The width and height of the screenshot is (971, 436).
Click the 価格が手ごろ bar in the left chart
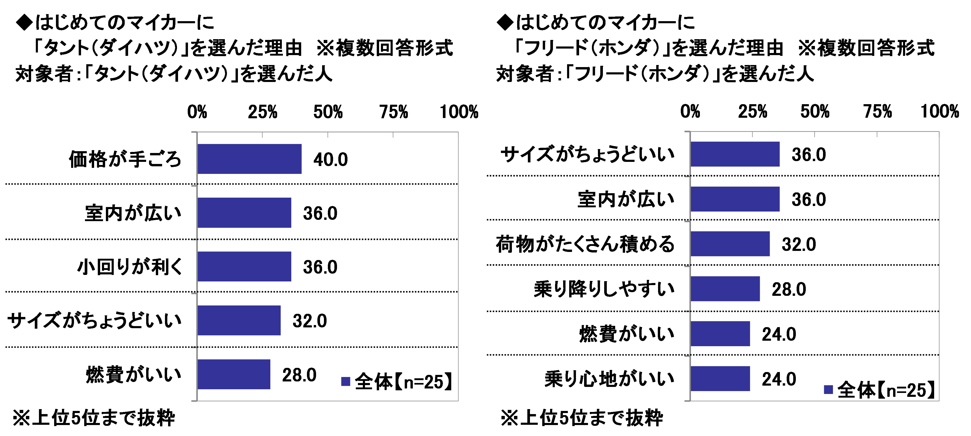click(249, 159)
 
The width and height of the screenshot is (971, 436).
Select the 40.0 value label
click(330, 160)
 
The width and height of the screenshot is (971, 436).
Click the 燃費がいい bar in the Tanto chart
click(234, 374)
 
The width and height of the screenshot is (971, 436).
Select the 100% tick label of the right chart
click(939, 111)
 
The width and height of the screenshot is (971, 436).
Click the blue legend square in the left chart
click(345, 381)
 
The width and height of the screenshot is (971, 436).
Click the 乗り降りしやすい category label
click(604, 289)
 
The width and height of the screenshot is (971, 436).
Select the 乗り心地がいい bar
click(720, 378)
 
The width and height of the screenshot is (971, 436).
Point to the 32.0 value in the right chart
click(798, 244)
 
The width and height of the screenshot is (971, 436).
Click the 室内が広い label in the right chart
click(626, 199)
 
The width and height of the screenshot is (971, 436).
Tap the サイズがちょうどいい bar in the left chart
click(239, 320)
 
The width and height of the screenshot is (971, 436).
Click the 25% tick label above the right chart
click(752, 111)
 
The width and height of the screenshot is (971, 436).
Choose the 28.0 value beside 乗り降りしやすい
click(789, 290)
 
